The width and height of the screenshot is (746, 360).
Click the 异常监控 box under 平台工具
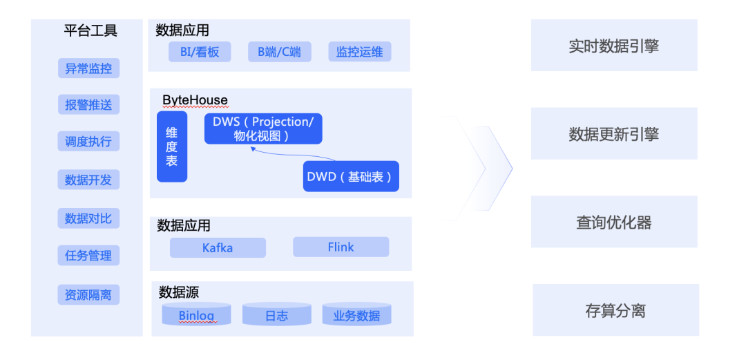point(88,68)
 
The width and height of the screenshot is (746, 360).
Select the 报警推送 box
point(88,105)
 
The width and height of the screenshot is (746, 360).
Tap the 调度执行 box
point(88,142)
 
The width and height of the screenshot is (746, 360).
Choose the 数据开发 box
point(88,180)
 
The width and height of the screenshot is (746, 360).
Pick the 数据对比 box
point(88,218)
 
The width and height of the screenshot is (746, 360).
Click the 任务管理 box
point(88,256)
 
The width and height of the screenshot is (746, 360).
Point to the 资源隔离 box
point(88,295)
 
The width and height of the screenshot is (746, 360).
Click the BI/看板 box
point(200,52)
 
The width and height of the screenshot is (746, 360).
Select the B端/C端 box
point(280,52)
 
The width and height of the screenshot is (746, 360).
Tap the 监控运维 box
point(360,52)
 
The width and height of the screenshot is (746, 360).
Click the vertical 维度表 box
point(172,146)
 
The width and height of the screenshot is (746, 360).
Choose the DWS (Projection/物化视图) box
point(264,129)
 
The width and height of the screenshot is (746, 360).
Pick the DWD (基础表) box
point(351,176)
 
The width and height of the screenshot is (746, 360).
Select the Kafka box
point(218,247)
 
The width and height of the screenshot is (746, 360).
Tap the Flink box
point(341,247)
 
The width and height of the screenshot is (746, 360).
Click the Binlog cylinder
point(196,314)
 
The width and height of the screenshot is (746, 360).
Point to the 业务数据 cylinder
point(357,314)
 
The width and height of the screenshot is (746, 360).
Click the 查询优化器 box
point(614,222)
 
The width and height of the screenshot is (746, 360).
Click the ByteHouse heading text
point(195,100)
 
